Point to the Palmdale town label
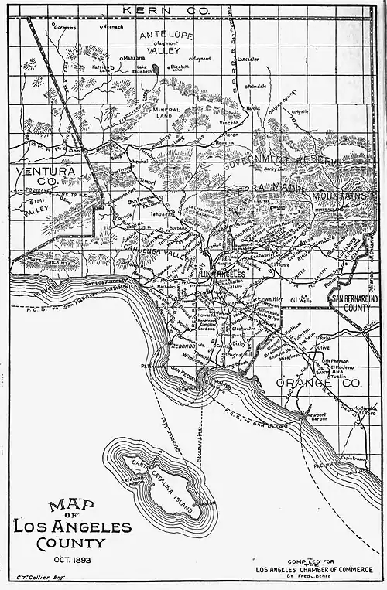pyautogui.click(x=256, y=87)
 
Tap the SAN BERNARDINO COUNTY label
pyautogui.click(x=352, y=302)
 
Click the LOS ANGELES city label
pyautogui.click(x=222, y=275)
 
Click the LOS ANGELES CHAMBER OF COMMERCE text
pyautogui.click(x=313, y=570)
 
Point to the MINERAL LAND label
pyautogui.click(x=166, y=114)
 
